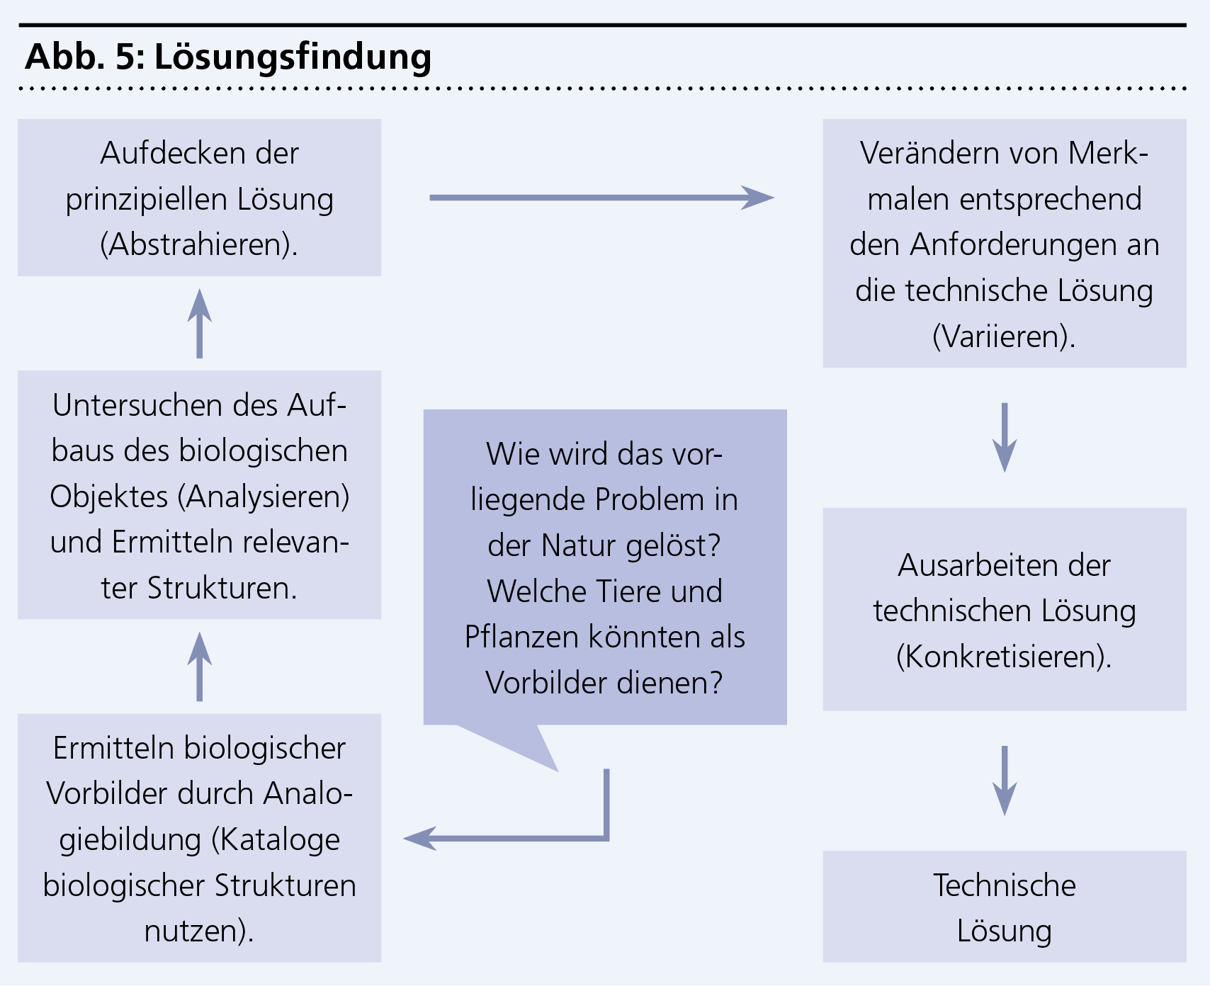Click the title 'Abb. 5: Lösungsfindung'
pyautogui.click(x=228, y=57)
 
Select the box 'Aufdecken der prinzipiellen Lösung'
pyautogui.click(x=199, y=198)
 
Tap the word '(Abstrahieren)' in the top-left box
pyautogui.click(x=199, y=244)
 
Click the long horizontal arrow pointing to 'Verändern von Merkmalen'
pyautogui.click(x=601, y=198)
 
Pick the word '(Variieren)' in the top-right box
pyautogui.click(x=1004, y=336)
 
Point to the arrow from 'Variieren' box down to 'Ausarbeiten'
pyautogui.click(x=1005, y=437)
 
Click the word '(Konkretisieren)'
pyautogui.click(x=1004, y=657)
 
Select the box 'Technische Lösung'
pyautogui.click(x=1005, y=907)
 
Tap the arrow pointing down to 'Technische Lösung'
pyautogui.click(x=1005, y=780)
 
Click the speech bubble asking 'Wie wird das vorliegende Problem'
pyautogui.click(x=605, y=567)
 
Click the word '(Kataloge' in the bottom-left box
pyautogui.click(x=276, y=839)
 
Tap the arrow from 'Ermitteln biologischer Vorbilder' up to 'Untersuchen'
pyautogui.click(x=200, y=666)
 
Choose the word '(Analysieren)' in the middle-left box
pyautogui.click(x=264, y=497)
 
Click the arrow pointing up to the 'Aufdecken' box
pyautogui.click(x=200, y=323)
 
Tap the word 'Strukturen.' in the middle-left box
pyautogui.click(x=222, y=588)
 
